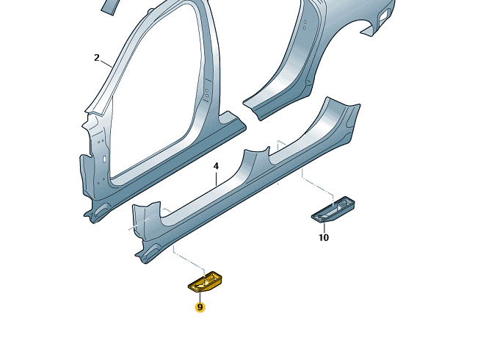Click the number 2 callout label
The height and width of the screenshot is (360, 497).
(97, 58)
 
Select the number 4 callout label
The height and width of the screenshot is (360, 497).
(216, 166)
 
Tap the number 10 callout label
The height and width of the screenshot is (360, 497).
(324, 237)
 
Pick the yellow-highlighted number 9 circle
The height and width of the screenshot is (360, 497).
(200, 307)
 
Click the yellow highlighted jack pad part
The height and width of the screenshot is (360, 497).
(205, 281)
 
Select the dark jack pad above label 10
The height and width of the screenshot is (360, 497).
(333, 209)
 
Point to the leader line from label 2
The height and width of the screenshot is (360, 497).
(106, 63)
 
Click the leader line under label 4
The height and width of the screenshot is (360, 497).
(216, 179)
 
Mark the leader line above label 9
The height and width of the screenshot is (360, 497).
(200, 297)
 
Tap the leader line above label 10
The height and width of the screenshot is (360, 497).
(324, 227)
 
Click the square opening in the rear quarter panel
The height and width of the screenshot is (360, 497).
(384, 16)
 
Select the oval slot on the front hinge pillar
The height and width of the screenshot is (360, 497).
(104, 159)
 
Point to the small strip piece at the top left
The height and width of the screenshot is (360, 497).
(109, 7)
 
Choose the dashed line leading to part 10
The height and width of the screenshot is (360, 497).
(317, 186)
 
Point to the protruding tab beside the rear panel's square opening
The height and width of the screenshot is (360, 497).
(369, 31)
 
